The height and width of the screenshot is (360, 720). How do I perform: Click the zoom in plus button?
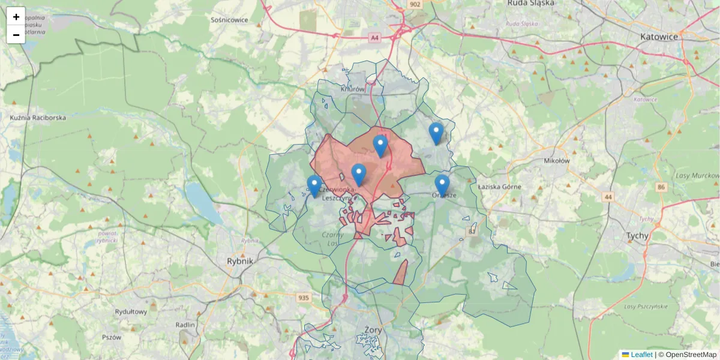pos(16,17)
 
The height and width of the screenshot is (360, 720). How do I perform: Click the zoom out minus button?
pos(16,35)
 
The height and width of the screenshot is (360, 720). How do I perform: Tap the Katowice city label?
pos(659,37)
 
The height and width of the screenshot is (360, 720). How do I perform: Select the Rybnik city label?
pos(241,261)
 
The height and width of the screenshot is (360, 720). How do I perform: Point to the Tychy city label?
pos(637,236)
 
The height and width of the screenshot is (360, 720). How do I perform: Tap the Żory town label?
pos(373,329)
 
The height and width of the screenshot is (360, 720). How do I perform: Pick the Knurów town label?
pos(352,89)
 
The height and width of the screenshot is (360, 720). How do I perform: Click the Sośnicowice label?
pos(229,19)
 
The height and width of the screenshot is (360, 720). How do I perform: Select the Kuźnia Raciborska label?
pos(38,118)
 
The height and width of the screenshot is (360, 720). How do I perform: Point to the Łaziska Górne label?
pos(500,187)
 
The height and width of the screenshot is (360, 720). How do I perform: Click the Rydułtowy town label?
pos(131,311)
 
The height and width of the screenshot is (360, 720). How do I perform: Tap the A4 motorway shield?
pos(375,38)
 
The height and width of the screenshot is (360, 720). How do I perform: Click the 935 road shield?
pos(304,297)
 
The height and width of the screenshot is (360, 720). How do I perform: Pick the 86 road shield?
pos(661,187)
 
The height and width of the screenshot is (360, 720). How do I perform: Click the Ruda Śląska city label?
pos(526,3)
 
